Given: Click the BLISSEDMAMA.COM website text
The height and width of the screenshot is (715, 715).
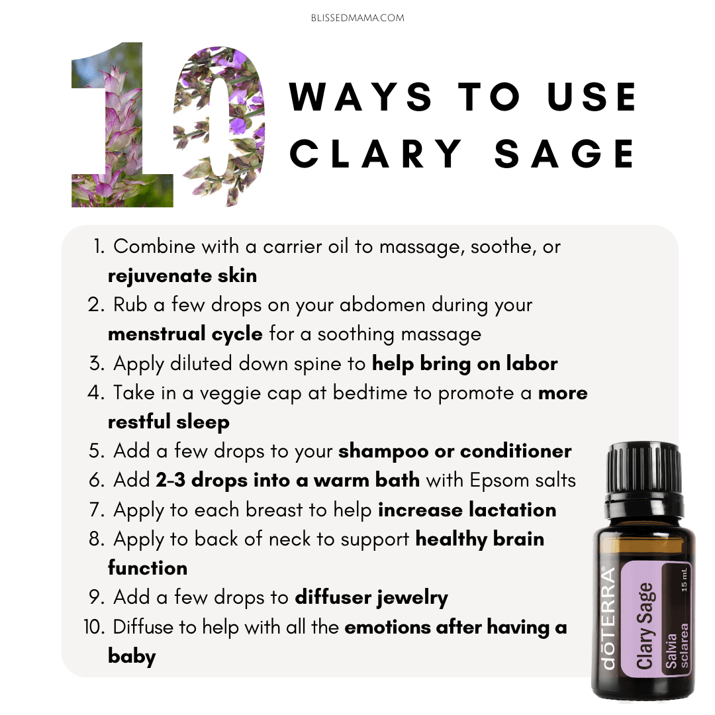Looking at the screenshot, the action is pos(358,19).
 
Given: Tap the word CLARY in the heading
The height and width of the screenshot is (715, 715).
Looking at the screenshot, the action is pos(376,154).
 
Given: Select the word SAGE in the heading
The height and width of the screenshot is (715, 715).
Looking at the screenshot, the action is pos(565,154).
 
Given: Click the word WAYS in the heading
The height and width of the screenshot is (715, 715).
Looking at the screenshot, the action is pos(361,97).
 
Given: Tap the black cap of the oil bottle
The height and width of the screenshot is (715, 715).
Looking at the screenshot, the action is pos(643,472).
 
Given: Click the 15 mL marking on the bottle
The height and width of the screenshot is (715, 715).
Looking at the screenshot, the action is pos(684,580).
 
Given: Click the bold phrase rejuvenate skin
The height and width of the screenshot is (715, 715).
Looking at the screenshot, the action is pos(183,276).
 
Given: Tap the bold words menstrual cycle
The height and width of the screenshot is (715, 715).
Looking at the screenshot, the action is pos(185,334).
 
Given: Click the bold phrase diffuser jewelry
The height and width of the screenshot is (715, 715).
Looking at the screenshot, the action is pos(371,598).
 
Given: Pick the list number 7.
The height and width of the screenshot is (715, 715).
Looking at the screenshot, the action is pos(97,510).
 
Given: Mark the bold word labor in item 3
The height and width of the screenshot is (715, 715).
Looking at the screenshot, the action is pos(532,363).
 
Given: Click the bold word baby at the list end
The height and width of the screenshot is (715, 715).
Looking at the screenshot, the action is pos(132,656).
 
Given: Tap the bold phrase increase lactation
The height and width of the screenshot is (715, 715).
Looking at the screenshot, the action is pos(467,510).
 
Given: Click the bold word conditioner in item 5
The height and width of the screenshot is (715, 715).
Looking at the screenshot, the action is pos(516,452).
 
